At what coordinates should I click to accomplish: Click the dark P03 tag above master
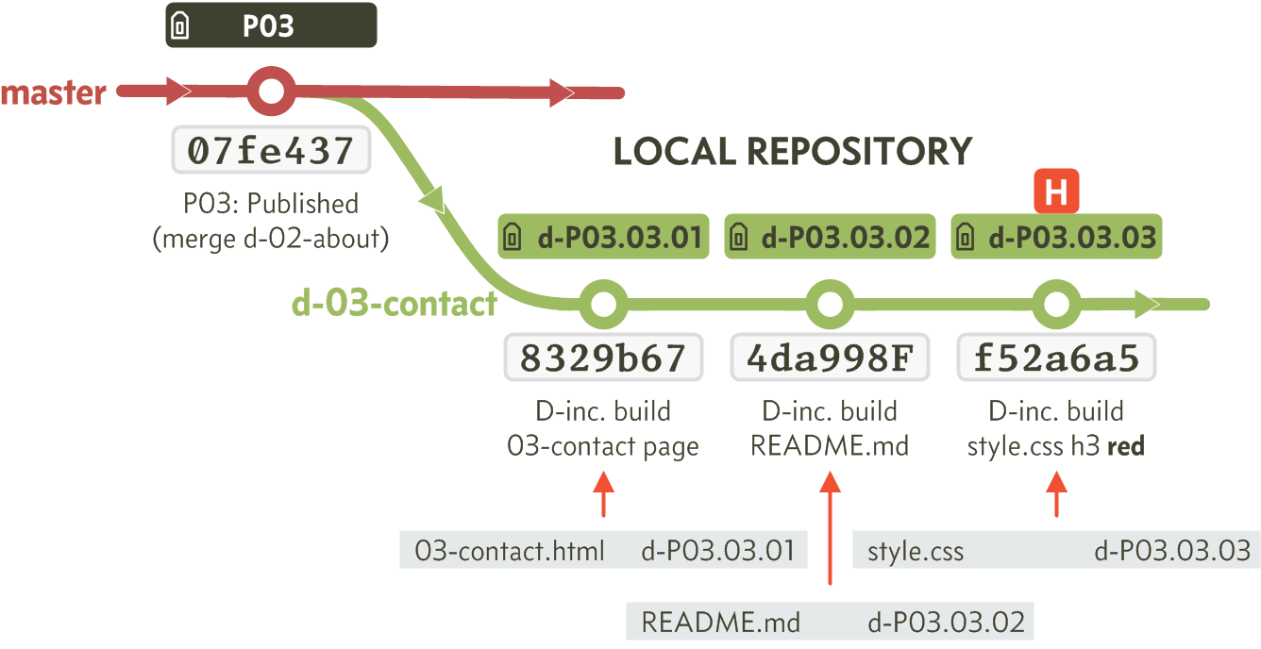point(271,25)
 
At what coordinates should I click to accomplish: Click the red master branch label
point(54,92)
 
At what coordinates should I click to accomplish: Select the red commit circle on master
point(271,92)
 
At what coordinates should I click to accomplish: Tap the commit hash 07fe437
point(271,150)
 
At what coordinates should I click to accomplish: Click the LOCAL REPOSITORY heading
point(793,151)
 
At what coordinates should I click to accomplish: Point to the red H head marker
point(1056,191)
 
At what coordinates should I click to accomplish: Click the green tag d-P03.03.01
point(603,236)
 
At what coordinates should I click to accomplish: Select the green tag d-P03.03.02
point(830,236)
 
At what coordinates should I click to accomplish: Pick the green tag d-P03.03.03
point(1056,236)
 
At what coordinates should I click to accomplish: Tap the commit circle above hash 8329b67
point(603,305)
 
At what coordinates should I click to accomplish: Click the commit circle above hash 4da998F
point(830,305)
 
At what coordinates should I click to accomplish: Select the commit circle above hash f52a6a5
point(1056,305)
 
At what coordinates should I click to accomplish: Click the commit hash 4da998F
point(830,358)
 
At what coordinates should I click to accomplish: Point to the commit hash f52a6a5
point(1056,358)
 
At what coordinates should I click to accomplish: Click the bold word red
point(1126,446)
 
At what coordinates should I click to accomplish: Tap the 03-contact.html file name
point(510,551)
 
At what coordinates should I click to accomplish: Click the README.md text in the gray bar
point(720,623)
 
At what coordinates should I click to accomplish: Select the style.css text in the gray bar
point(916,551)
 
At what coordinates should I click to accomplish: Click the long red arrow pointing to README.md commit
point(830,528)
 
